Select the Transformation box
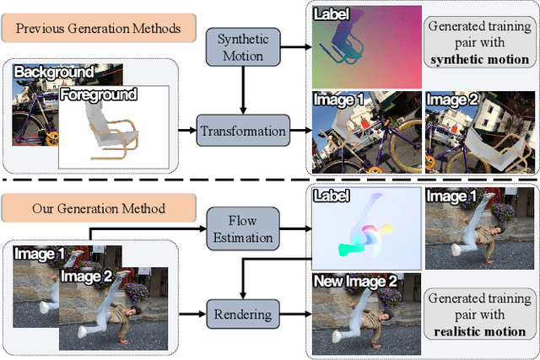coord(243,131)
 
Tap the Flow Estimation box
coord(240,228)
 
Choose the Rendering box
coord(241,314)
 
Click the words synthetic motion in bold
coord(479,60)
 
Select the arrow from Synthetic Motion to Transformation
coord(243,92)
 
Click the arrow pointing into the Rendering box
coord(193,314)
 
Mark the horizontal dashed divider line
coord(270,180)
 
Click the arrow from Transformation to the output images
coord(298,131)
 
